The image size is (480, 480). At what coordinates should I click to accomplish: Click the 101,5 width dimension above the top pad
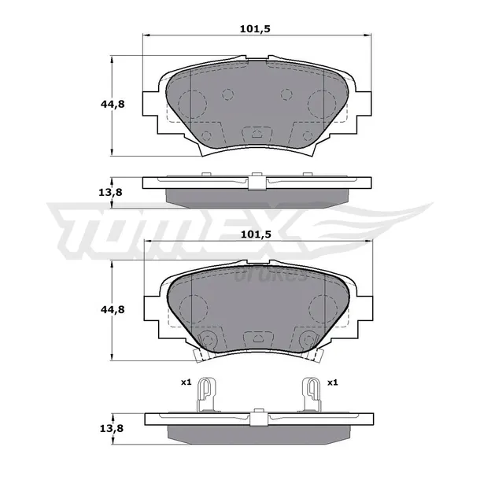(x=255, y=29)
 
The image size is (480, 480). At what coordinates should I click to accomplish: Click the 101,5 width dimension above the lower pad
(x=256, y=234)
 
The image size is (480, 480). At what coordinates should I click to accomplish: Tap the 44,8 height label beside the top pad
(x=113, y=105)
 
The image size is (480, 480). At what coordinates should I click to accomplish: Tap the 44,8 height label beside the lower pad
(x=113, y=310)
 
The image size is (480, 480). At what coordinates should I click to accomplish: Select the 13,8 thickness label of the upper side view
(x=110, y=193)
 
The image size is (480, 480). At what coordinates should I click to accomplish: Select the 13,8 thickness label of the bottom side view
(x=111, y=429)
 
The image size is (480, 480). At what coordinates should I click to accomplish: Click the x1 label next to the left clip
(x=186, y=382)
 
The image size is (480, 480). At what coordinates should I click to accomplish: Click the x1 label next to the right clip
(x=332, y=382)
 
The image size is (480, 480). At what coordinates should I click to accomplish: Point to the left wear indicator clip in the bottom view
(x=207, y=394)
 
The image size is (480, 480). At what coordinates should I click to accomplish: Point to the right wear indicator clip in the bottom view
(x=311, y=394)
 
